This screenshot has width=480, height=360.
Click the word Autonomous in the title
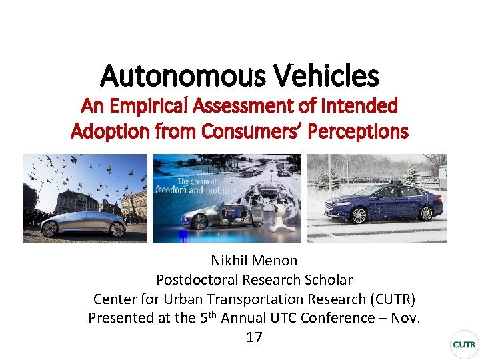pos(171,76)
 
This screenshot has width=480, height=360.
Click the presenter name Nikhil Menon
pos(254,261)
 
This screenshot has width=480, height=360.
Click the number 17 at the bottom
pos(254,337)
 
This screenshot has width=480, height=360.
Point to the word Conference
pos(337,318)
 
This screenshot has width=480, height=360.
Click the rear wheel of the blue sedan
pos(425,213)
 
